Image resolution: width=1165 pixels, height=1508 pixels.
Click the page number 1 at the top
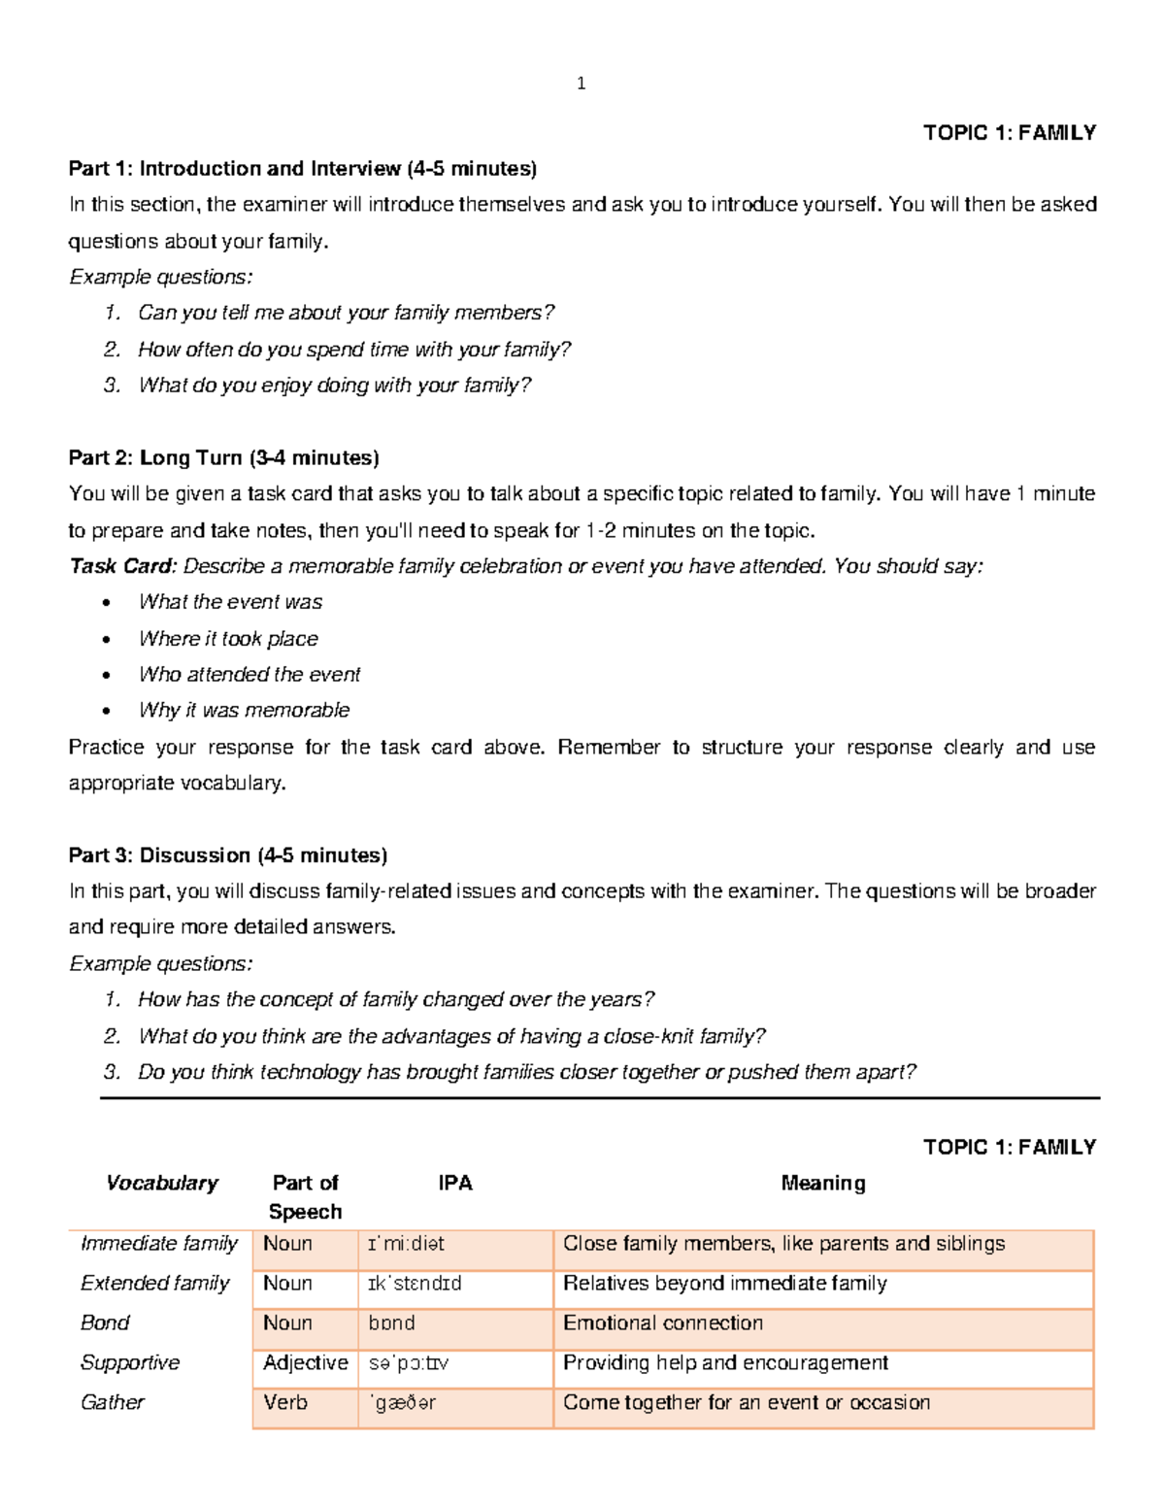click(x=581, y=84)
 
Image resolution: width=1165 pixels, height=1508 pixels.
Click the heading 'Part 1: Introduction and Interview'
click(x=302, y=169)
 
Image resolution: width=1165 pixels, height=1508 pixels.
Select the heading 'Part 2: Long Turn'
click(x=223, y=457)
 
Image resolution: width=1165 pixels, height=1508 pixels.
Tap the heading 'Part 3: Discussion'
click(x=227, y=855)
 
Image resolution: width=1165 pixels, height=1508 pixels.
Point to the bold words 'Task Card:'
click(x=122, y=566)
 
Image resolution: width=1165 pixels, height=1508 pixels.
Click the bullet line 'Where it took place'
click(x=228, y=639)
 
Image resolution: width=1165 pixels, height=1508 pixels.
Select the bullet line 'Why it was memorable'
click(x=244, y=711)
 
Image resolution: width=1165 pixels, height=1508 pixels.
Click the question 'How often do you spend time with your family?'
click(x=354, y=350)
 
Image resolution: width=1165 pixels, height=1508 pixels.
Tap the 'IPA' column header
click(x=454, y=1183)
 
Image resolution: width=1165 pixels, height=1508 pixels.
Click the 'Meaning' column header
click(x=823, y=1183)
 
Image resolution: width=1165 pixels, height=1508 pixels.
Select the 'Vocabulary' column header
click(x=161, y=1183)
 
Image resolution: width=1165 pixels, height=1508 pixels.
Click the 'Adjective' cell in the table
click(x=305, y=1362)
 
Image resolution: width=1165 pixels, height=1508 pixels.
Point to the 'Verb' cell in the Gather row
click(x=285, y=1402)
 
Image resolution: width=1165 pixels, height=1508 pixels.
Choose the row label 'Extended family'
click(x=154, y=1283)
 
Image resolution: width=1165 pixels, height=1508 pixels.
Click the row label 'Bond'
click(x=105, y=1323)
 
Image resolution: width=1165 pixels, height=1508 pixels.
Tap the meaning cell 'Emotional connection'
click(x=663, y=1323)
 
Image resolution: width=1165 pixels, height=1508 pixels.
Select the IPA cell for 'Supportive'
click(x=408, y=1363)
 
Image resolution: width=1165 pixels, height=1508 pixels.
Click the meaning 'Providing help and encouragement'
click(x=725, y=1362)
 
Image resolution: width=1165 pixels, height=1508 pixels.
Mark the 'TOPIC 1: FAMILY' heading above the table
click(x=1010, y=1147)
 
